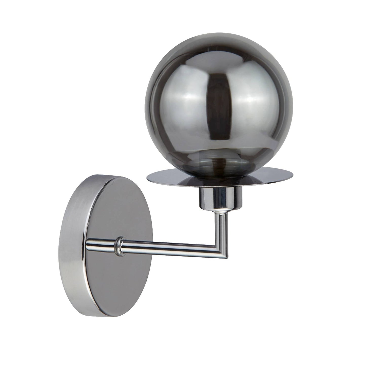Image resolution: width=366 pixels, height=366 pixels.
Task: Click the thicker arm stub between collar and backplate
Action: [x=101, y=244]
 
